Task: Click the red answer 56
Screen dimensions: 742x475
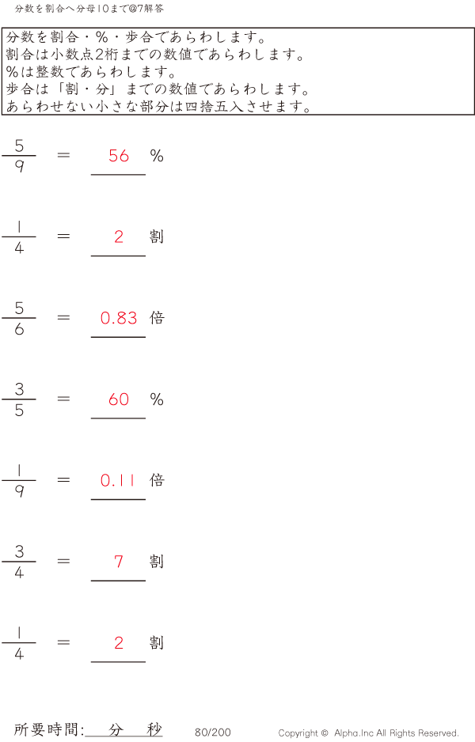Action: (x=119, y=156)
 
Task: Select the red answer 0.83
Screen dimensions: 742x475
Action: (x=119, y=318)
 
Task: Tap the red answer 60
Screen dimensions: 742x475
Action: (x=119, y=399)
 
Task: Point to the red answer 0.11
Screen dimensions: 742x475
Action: (x=119, y=480)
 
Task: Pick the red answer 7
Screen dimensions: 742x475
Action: (x=119, y=562)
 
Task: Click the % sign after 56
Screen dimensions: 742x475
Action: (x=157, y=156)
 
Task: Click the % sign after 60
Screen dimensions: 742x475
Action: (x=157, y=399)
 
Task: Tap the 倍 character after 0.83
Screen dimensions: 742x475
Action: (x=157, y=318)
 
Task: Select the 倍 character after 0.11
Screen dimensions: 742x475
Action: (x=157, y=480)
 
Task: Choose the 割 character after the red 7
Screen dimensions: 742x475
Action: (x=157, y=562)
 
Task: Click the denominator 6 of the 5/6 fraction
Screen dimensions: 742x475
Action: (x=19, y=330)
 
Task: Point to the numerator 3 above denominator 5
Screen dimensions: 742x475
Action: (x=19, y=388)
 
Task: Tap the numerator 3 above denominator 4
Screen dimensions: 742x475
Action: (x=19, y=551)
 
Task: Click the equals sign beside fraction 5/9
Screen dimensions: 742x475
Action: (x=64, y=155)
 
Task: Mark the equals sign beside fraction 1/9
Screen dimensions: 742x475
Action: (x=64, y=479)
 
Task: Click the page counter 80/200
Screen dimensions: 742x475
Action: (x=213, y=733)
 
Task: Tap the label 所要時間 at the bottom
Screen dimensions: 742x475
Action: (x=48, y=730)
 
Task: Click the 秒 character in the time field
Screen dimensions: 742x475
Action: (x=154, y=730)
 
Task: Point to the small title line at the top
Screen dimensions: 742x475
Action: (x=89, y=9)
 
